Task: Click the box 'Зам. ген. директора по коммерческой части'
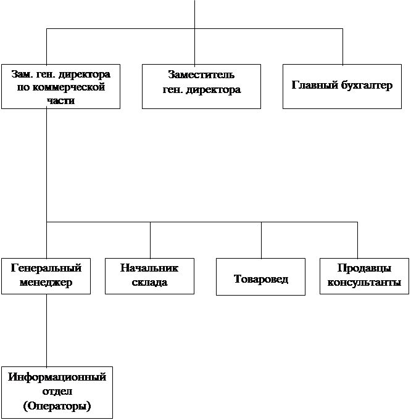tap(60, 86)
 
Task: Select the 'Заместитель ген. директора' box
tap(201, 86)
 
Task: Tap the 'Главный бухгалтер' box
tap(341, 86)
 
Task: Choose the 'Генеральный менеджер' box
tap(46, 275)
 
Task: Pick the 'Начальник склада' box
tap(149, 275)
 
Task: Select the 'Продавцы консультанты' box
tap(364, 275)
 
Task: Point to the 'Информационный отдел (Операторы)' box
tap(57, 392)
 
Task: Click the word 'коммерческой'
tap(60, 87)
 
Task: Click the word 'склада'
tap(149, 283)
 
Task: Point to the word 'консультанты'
tap(364, 283)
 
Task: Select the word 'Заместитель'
tap(201, 75)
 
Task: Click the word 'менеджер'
tap(46, 283)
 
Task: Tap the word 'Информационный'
tap(57, 377)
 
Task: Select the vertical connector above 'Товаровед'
tap(261, 240)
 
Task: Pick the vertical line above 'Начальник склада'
tap(150, 240)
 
